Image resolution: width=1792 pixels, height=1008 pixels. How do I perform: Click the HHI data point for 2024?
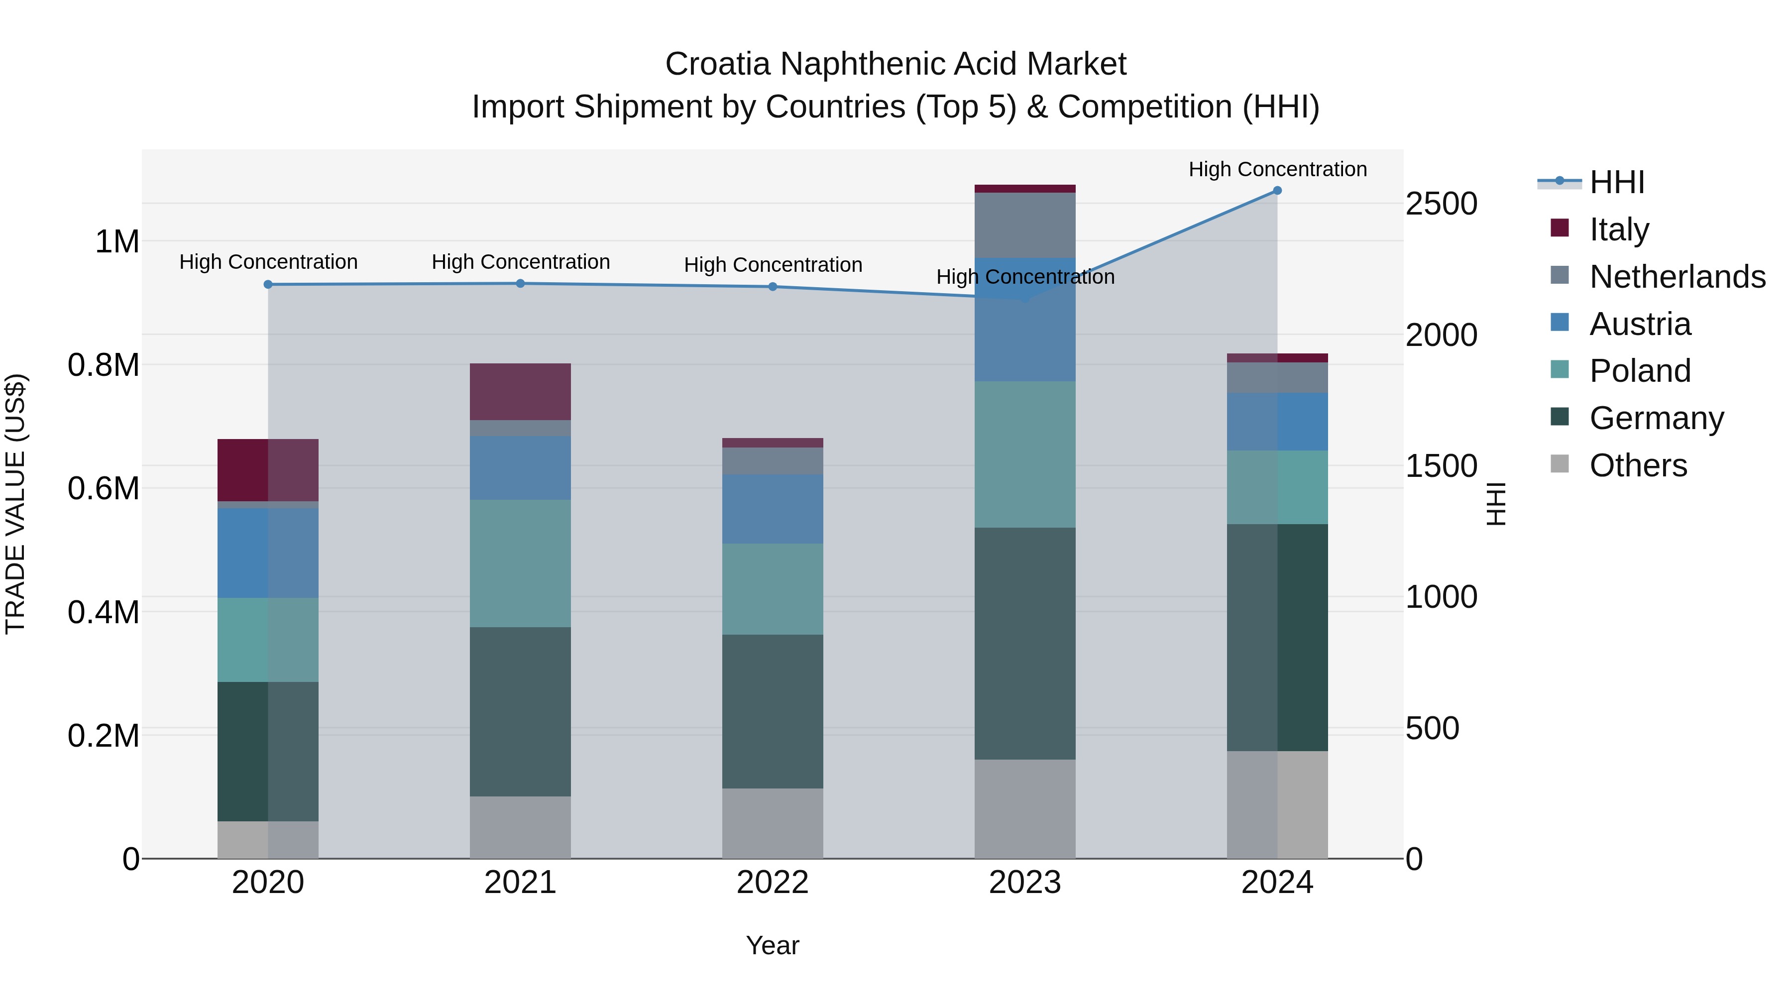coord(1277,191)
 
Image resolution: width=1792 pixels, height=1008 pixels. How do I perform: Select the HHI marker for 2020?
coord(268,285)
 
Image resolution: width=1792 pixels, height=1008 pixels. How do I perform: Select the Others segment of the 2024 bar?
coord(1277,804)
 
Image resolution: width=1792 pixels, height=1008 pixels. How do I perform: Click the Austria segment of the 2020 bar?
coord(268,553)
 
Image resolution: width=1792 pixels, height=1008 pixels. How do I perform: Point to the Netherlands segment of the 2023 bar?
coord(1025,224)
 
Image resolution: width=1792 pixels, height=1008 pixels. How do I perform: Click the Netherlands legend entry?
coord(1677,277)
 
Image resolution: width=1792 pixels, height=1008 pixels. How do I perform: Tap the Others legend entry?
coord(1638,465)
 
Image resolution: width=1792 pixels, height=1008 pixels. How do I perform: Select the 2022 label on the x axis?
coord(772,883)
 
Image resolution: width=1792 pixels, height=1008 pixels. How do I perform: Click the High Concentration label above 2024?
coord(1277,169)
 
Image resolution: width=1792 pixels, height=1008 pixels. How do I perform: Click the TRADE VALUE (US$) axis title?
coord(15,504)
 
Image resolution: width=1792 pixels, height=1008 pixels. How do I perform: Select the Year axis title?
coord(772,945)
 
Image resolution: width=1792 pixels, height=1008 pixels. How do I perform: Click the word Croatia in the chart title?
coord(717,64)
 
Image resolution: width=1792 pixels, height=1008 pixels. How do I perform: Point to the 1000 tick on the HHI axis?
coord(1441,597)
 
